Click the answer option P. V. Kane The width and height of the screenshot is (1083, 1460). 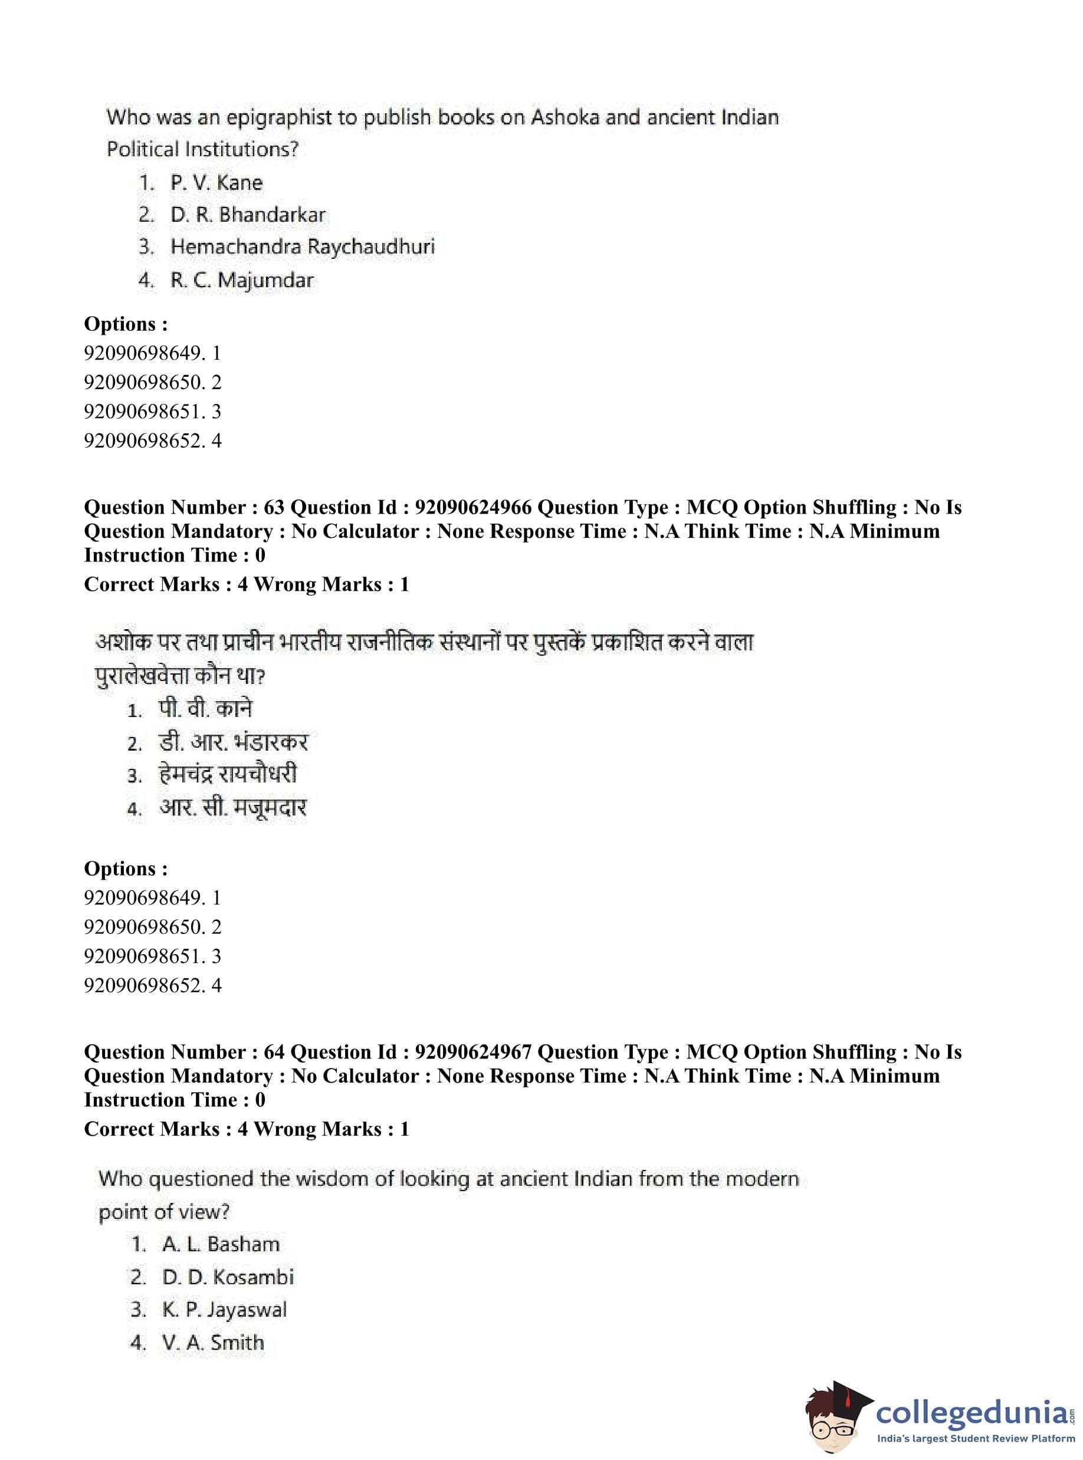tap(216, 183)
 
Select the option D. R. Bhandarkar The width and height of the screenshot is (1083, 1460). tap(248, 215)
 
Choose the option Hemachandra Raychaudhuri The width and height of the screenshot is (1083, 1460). tap(302, 247)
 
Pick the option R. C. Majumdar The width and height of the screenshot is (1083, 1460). tap(242, 281)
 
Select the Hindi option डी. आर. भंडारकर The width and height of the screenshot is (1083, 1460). tap(233, 742)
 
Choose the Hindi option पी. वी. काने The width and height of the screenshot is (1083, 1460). tap(205, 709)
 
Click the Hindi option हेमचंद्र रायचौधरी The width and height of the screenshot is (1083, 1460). tap(228, 775)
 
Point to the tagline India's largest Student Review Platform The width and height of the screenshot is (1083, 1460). tap(976, 1438)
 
